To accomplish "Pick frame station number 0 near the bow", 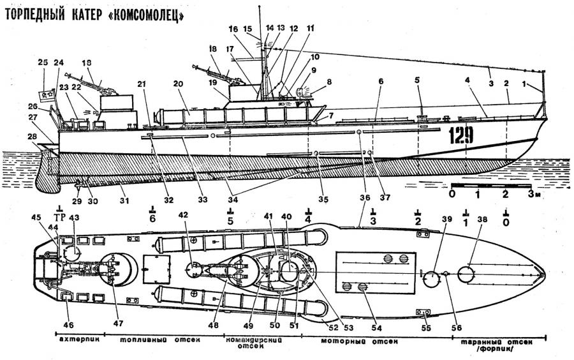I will coord(506,221).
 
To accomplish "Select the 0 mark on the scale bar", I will coord(452,193).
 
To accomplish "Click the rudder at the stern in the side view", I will coord(46,172).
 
